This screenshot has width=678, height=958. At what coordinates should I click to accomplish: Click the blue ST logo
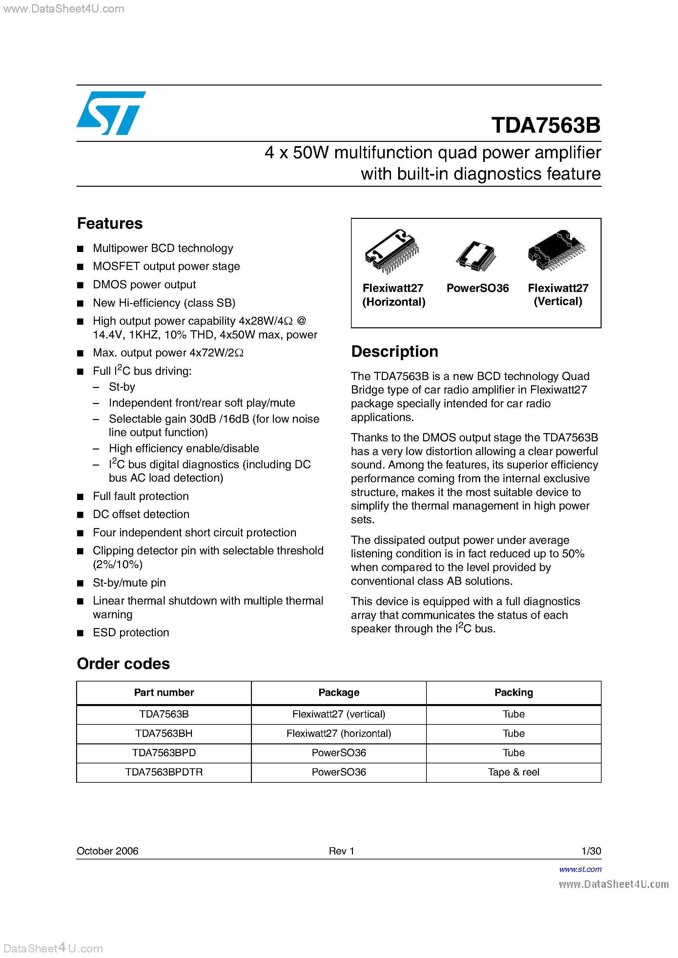point(110,113)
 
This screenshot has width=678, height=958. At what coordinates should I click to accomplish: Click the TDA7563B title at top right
point(545,125)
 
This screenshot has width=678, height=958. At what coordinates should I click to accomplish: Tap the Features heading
point(110,224)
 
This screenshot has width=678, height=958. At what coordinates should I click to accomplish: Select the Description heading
point(394,352)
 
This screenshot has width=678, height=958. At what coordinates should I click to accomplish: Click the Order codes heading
point(123,664)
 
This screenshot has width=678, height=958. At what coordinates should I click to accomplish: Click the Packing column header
point(513,693)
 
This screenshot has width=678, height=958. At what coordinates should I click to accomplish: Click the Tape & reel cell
point(513,772)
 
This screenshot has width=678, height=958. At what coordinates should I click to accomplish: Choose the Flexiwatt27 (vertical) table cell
point(339,714)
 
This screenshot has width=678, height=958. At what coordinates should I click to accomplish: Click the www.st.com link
point(580,869)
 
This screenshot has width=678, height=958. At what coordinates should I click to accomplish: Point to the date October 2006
point(107,851)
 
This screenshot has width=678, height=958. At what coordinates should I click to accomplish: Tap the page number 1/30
point(591,851)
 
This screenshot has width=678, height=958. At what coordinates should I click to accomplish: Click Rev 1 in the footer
point(341,851)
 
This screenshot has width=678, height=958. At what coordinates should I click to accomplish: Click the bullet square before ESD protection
point(80,633)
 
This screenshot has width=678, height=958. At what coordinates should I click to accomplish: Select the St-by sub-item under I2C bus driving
point(122,387)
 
